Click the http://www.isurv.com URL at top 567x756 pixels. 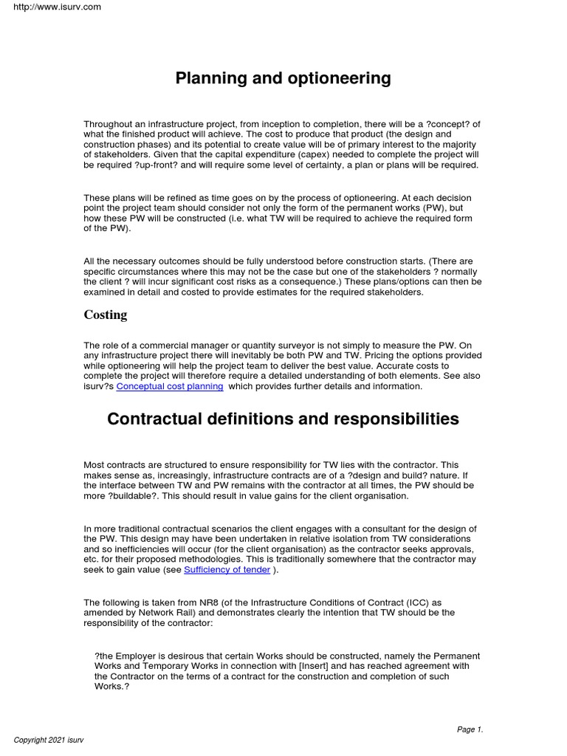(x=52, y=7)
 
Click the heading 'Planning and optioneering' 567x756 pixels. (x=283, y=78)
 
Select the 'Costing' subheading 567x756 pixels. (x=105, y=315)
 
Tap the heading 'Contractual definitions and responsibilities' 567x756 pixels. (x=283, y=419)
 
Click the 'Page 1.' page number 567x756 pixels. (x=470, y=729)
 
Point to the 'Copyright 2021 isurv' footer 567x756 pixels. (x=49, y=740)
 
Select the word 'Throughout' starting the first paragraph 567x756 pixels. (x=108, y=124)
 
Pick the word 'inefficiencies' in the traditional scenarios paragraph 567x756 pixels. (x=135, y=549)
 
